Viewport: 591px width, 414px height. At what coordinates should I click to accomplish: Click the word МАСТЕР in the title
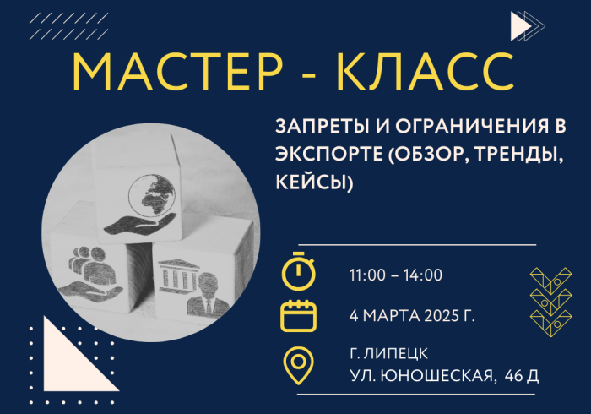[x=177, y=72]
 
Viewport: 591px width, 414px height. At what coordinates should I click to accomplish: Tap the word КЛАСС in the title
[x=426, y=72]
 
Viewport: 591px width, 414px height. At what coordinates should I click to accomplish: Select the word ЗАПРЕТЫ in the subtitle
[x=322, y=126]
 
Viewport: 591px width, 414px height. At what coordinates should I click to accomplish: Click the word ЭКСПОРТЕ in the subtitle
[x=328, y=154]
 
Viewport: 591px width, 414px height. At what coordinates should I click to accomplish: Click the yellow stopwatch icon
[x=299, y=271]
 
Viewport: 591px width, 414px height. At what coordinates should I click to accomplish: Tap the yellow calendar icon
[x=299, y=316]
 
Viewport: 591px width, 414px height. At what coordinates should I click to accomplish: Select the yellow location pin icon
[x=299, y=365]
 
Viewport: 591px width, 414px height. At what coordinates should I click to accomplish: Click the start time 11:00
[x=367, y=275]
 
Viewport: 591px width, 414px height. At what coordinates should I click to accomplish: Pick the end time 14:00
[x=423, y=275]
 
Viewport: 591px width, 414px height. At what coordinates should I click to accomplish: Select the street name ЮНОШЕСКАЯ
[x=436, y=375]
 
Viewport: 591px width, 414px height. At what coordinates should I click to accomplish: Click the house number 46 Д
[x=522, y=375]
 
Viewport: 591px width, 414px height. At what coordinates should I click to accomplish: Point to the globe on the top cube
[x=152, y=194]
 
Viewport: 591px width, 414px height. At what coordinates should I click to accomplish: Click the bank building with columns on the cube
[x=178, y=275]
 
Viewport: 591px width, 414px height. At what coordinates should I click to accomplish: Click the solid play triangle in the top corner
[x=521, y=26]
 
